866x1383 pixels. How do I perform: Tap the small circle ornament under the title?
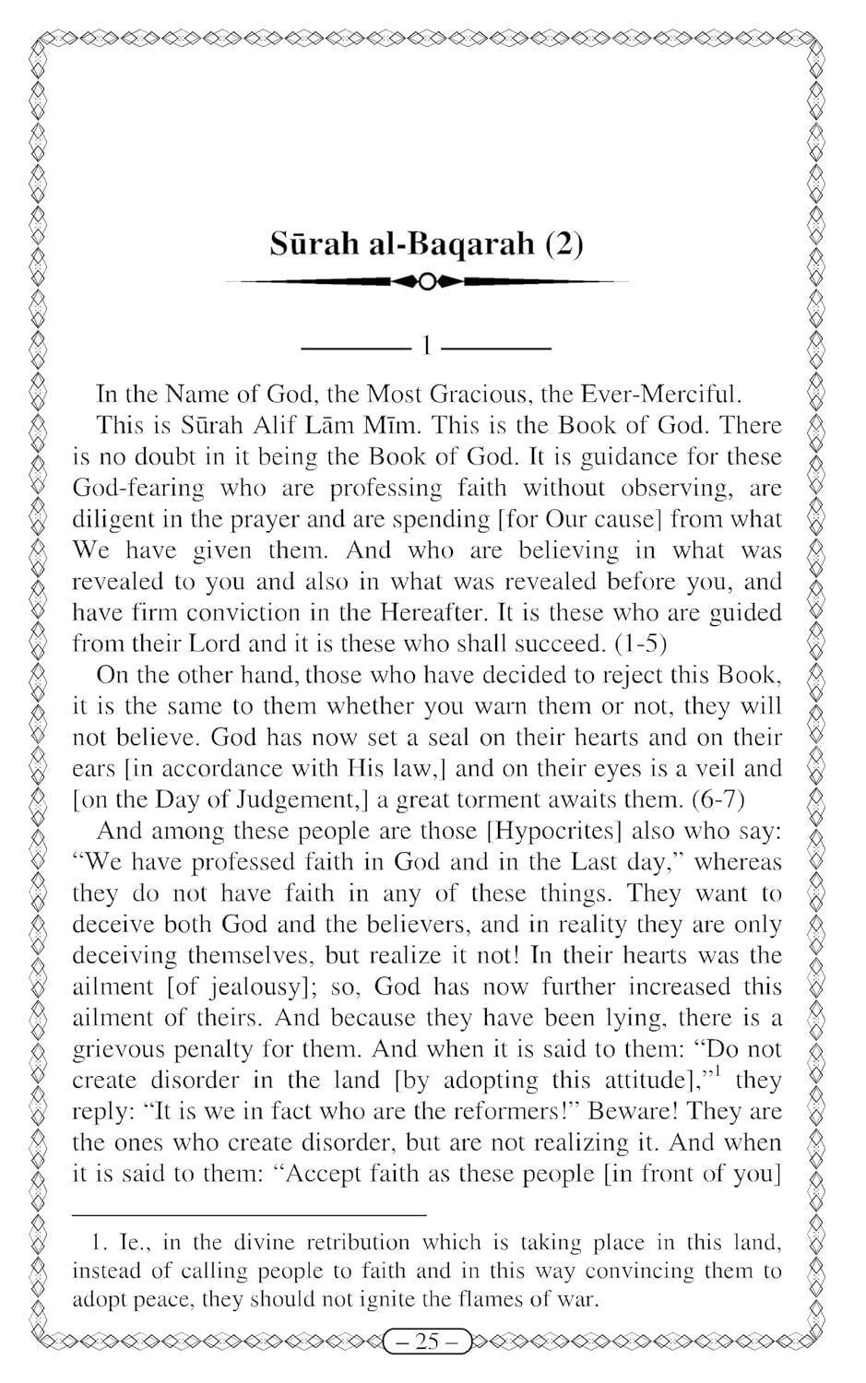(x=426, y=281)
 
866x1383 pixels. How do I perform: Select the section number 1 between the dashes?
(x=426, y=348)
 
